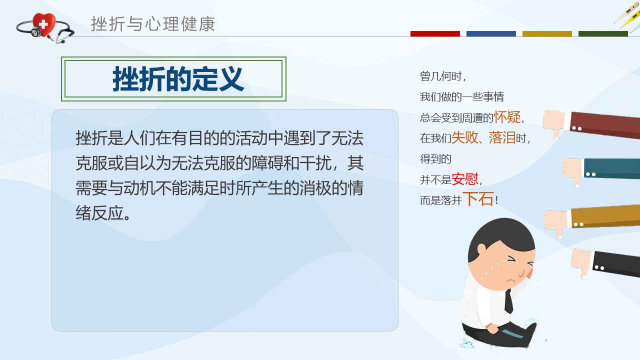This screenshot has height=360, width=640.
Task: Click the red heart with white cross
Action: (x=43, y=24)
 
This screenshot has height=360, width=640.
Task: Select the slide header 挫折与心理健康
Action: (x=153, y=24)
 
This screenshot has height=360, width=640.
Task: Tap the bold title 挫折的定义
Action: (x=178, y=79)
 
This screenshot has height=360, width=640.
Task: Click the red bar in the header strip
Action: (x=435, y=33)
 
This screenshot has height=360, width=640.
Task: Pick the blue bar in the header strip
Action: (x=491, y=33)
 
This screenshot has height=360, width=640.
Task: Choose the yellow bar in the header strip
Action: (x=547, y=33)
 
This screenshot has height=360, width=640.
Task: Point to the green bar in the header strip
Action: (x=603, y=33)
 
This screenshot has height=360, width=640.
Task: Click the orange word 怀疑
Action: (x=507, y=117)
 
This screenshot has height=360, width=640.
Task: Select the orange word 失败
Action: (x=465, y=137)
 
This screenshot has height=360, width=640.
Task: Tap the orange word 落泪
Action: (x=502, y=137)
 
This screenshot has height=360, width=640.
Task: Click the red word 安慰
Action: (x=465, y=179)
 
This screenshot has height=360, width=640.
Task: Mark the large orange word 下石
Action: (x=478, y=199)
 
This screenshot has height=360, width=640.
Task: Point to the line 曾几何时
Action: (x=442, y=76)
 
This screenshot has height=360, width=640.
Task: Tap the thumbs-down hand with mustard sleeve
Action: (x=591, y=220)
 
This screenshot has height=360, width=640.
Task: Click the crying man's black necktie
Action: (x=508, y=301)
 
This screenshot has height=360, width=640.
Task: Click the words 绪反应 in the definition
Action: (x=99, y=213)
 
